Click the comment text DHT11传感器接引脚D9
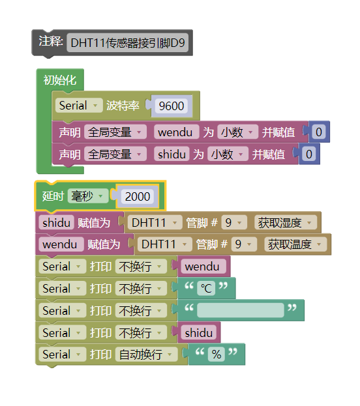(x=127, y=44)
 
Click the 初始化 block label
(x=60, y=80)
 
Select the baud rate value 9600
(x=171, y=106)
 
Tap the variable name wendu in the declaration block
(x=176, y=132)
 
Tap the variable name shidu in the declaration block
(x=172, y=154)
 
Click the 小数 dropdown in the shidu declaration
(x=228, y=154)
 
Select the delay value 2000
(x=138, y=196)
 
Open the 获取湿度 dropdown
(x=285, y=223)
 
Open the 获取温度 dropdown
(x=295, y=244)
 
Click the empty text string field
(x=240, y=310)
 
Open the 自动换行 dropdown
(x=146, y=355)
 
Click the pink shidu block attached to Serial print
(x=199, y=332)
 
